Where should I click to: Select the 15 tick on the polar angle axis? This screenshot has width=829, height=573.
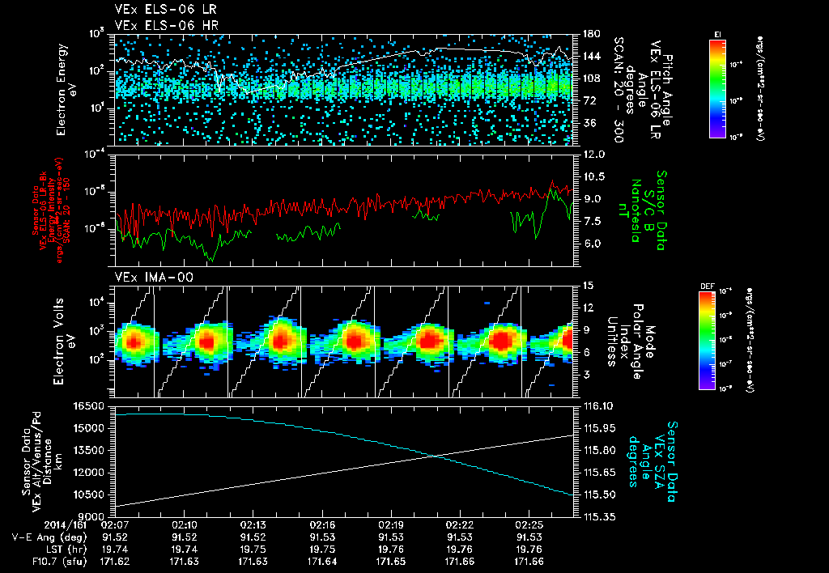587,286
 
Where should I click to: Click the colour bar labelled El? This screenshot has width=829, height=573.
717,88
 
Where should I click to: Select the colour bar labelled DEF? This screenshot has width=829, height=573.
705,341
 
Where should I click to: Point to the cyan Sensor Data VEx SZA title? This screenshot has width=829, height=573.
657,461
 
